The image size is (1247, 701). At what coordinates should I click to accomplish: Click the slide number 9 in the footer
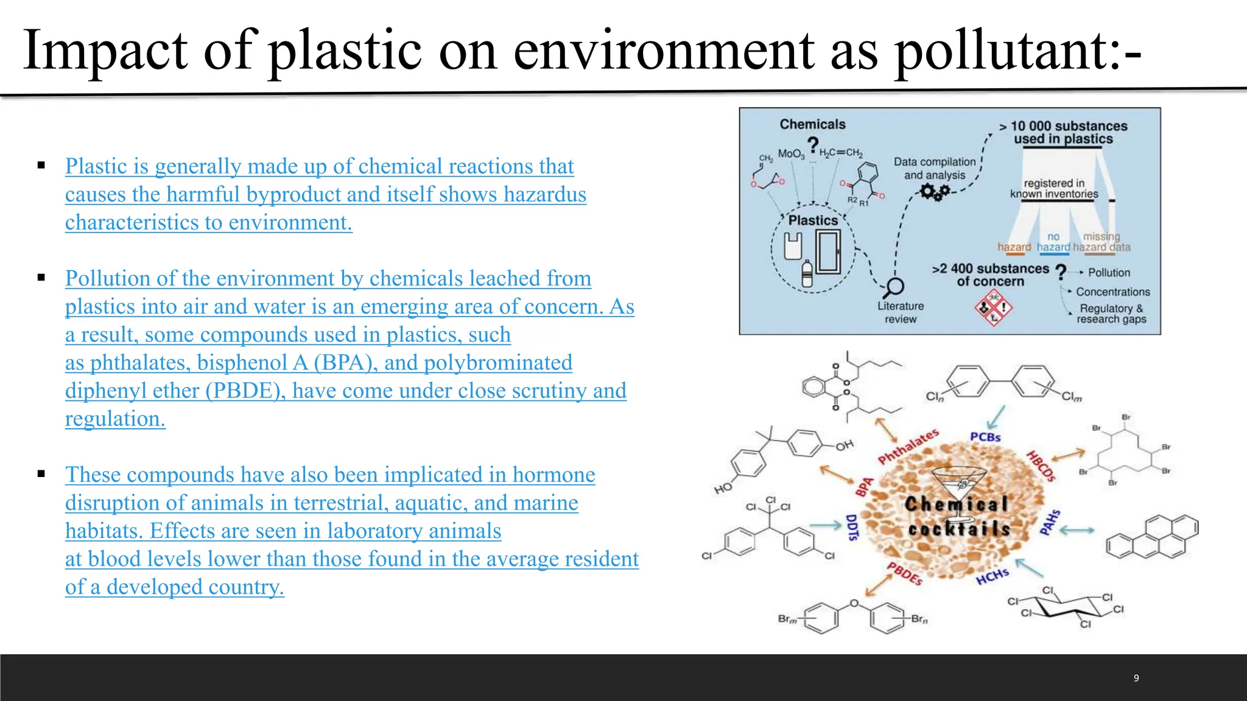1136,678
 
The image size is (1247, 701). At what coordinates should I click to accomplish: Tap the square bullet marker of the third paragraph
41,474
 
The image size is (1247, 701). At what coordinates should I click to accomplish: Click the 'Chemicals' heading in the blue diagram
812,124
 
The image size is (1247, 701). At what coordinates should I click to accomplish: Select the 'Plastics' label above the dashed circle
813,220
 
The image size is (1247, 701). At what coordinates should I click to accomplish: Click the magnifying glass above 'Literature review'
894,287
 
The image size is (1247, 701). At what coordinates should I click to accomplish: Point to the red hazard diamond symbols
992,308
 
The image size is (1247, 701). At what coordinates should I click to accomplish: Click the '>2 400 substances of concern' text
991,275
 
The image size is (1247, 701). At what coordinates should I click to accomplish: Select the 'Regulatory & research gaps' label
1111,313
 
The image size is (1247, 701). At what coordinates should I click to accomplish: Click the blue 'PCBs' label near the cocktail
985,437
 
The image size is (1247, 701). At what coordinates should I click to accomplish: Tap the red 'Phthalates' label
908,446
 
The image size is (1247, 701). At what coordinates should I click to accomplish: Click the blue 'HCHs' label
992,576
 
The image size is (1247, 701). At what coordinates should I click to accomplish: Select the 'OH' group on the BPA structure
844,446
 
